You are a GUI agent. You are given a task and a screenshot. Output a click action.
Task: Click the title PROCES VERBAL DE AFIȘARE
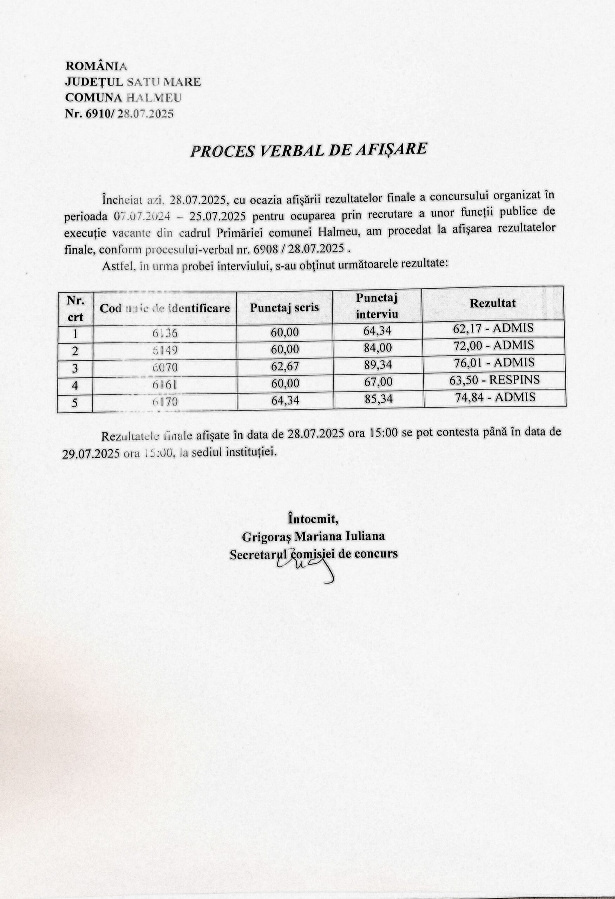[308, 150]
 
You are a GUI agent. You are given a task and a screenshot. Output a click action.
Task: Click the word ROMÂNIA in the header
[96, 66]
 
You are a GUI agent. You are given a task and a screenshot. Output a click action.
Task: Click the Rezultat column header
[492, 303]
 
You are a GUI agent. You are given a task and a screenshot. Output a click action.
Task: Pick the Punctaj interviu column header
[377, 306]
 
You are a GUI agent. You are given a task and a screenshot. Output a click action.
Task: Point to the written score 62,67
[285, 366]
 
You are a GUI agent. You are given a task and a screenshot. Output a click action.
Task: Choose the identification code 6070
[165, 367]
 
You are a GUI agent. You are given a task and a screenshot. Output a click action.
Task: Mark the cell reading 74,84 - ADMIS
[495, 397]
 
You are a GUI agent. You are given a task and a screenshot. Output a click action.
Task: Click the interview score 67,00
[378, 382]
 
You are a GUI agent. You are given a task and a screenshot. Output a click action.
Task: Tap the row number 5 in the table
[75, 403]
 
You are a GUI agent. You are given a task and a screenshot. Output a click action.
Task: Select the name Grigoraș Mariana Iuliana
[313, 537]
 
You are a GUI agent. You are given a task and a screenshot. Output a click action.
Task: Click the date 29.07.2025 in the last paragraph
[91, 453]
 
